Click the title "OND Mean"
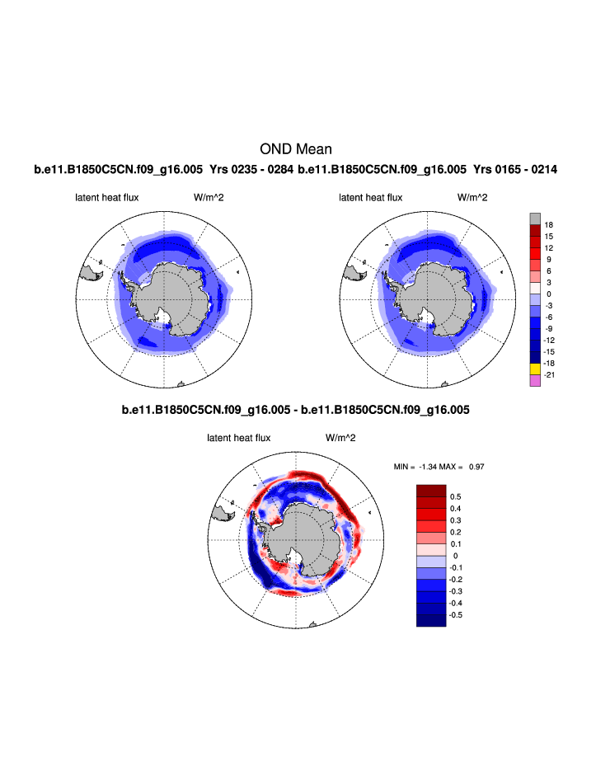pyautogui.click(x=296, y=149)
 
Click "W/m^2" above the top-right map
pyautogui.click(x=472, y=198)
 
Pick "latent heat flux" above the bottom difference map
pyautogui.click(x=238, y=438)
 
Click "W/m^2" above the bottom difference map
pyautogui.click(x=340, y=438)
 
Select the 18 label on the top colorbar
pyautogui.click(x=548, y=224)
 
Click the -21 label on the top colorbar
pyautogui.click(x=549, y=375)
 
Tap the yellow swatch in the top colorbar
pyautogui.click(x=535, y=369)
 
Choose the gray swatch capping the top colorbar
pyautogui.click(x=535, y=219)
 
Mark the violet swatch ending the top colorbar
pyautogui.click(x=535, y=380)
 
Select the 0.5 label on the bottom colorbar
pyautogui.click(x=455, y=496)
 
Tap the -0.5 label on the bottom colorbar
pyautogui.click(x=457, y=614)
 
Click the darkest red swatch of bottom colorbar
pyautogui.click(x=431, y=491)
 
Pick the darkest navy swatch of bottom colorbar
pyautogui.click(x=431, y=620)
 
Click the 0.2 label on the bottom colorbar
pyautogui.click(x=455, y=532)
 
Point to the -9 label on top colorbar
pyautogui.click(x=548, y=329)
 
